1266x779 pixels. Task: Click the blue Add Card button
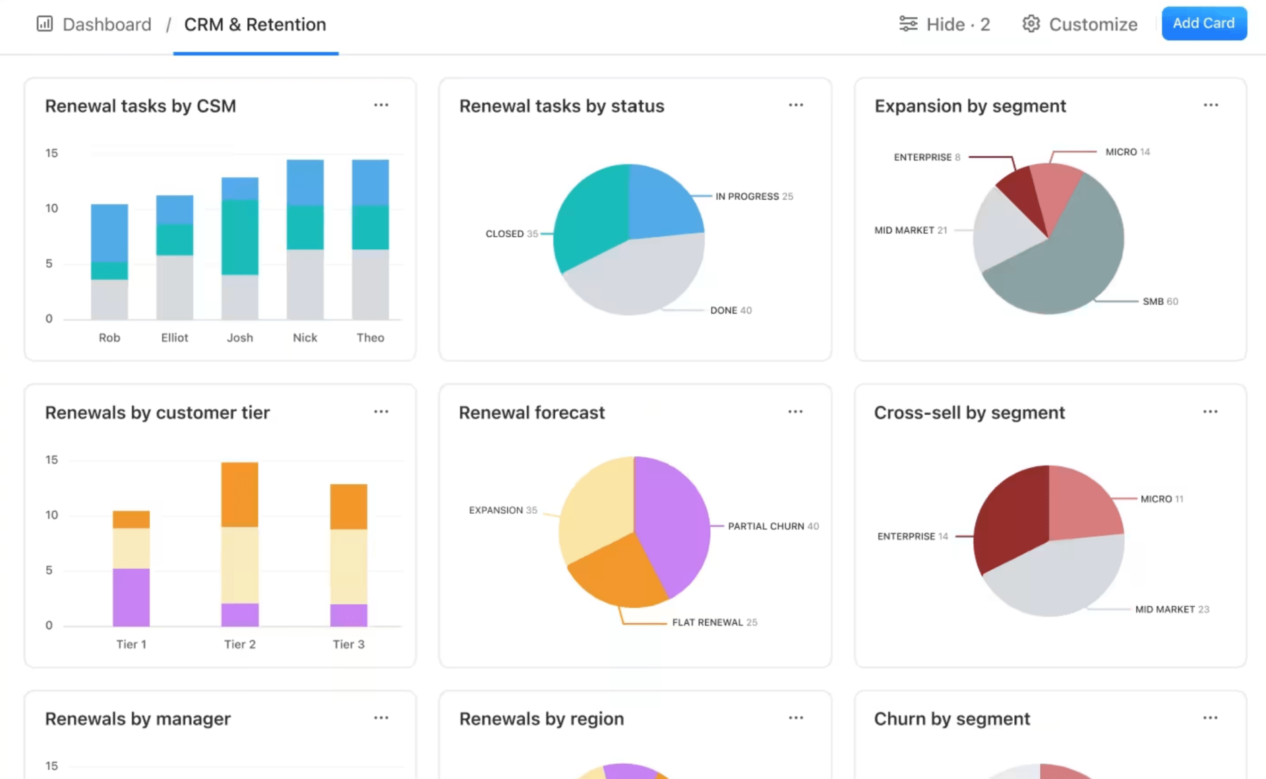pyautogui.click(x=1203, y=24)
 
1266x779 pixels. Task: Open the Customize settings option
pyautogui.click(x=1080, y=24)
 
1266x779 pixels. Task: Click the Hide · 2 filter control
pyautogui.click(x=944, y=24)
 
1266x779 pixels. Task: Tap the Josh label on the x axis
pyautogui.click(x=240, y=338)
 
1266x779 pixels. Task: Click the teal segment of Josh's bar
pyautogui.click(x=240, y=237)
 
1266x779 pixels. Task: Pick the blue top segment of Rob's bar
pyautogui.click(x=109, y=232)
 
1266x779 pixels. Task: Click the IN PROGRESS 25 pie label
pyautogui.click(x=754, y=197)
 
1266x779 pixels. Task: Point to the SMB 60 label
pyautogui.click(x=1160, y=301)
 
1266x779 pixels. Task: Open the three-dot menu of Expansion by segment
pyautogui.click(x=1211, y=106)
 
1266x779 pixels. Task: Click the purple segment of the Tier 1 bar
pyautogui.click(x=131, y=597)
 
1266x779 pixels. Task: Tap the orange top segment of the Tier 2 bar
pyautogui.click(x=240, y=494)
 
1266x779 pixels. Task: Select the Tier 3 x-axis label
pyautogui.click(x=348, y=644)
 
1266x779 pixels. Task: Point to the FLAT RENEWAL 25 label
pyautogui.click(x=714, y=623)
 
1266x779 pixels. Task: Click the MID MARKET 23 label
pyautogui.click(x=1172, y=609)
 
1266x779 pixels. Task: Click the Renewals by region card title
pyautogui.click(x=541, y=719)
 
